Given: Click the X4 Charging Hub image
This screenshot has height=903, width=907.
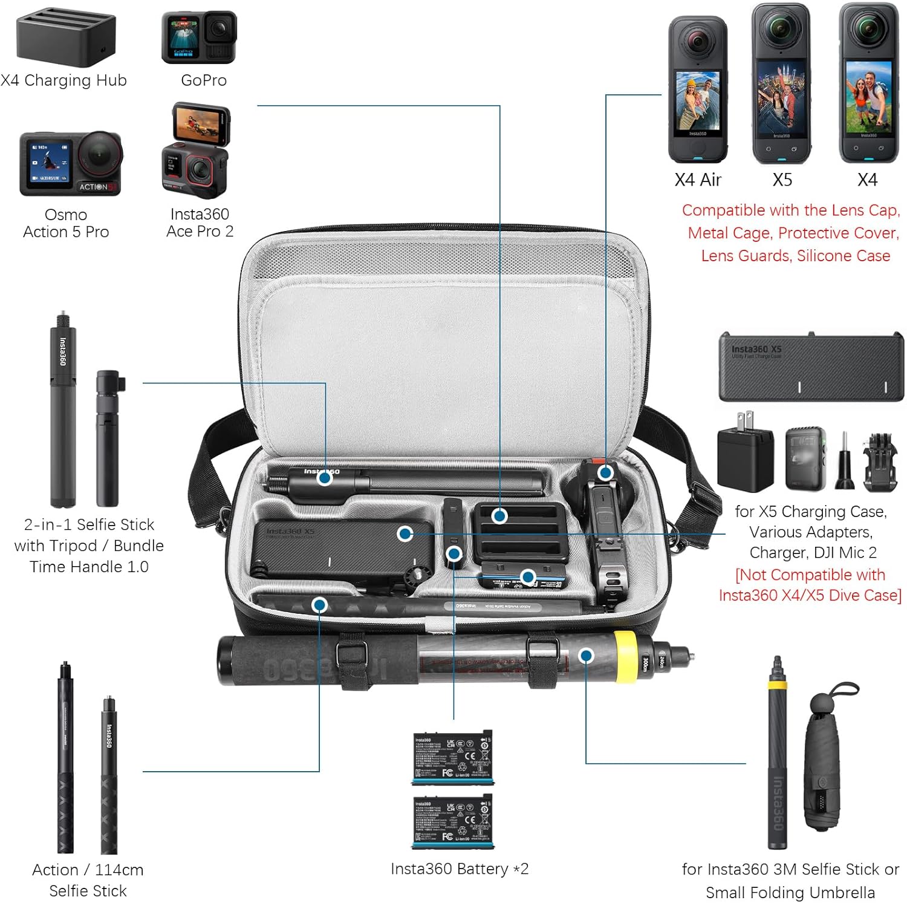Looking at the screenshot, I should click(x=65, y=37).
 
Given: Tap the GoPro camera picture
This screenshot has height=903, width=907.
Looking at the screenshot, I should click(x=199, y=37).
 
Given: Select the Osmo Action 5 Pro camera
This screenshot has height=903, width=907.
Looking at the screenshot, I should click(x=71, y=164).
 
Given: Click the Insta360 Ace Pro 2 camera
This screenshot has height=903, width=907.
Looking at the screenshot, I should click(x=196, y=152).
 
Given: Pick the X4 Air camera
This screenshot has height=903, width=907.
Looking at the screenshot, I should click(x=697, y=90).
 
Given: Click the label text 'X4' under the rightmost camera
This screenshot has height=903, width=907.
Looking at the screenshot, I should click(x=867, y=180).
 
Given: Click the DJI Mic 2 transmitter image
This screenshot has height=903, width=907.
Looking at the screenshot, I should click(x=805, y=458).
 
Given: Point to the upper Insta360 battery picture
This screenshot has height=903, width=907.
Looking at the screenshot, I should click(x=452, y=758).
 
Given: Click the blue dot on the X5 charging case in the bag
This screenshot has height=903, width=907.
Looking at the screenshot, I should click(x=405, y=533).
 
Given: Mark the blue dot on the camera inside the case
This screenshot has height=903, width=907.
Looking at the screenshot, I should click(x=605, y=472).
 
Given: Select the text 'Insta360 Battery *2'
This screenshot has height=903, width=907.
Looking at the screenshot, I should click(x=460, y=869).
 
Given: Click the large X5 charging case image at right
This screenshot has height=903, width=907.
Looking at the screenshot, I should click(x=810, y=367).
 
